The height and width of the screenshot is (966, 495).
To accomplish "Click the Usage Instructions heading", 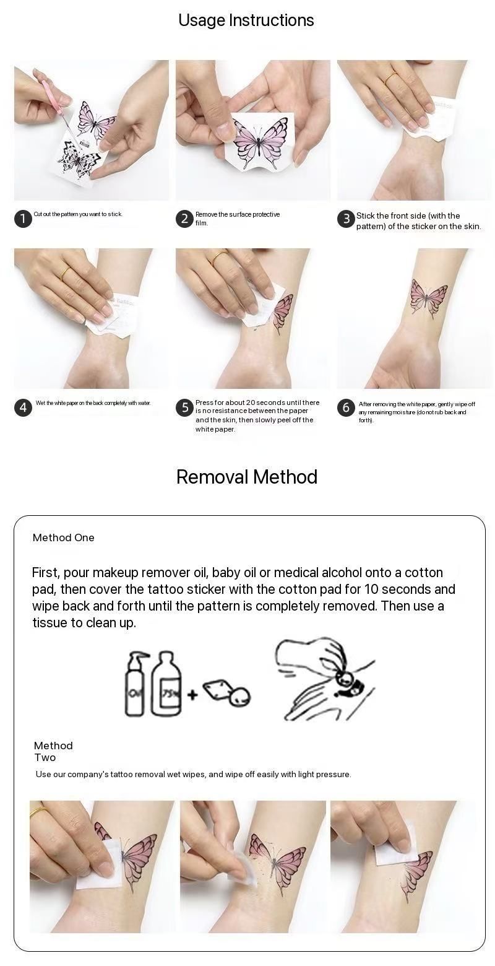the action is click(x=246, y=20).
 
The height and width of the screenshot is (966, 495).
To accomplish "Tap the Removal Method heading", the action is click(x=247, y=477).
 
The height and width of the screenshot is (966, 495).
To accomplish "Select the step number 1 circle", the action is click(x=24, y=219).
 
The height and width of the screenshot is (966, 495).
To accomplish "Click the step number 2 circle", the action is click(x=184, y=219).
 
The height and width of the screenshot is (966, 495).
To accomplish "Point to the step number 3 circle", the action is click(x=346, y=219).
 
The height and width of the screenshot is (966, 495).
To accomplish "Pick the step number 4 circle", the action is click(x=24, y=407).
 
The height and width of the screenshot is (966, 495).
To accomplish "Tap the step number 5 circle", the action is click(x=185, y=407).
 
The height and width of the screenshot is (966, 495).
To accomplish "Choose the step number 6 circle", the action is click(x=346, y=407).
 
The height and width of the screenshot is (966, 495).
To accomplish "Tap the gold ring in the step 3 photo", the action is click(x=392, y=78).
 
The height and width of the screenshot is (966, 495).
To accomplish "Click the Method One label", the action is click(x=63, y=537).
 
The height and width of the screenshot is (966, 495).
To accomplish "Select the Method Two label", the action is click(x=53, y=751).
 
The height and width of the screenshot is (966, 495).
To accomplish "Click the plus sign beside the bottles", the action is click(x=192, y=694).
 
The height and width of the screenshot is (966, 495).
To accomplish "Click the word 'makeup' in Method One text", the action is click(x=116, y=573).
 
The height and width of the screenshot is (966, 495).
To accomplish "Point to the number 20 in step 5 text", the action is click(x=251, y=402).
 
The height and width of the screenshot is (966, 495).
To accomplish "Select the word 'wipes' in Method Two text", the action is click(x=194, y=774).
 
